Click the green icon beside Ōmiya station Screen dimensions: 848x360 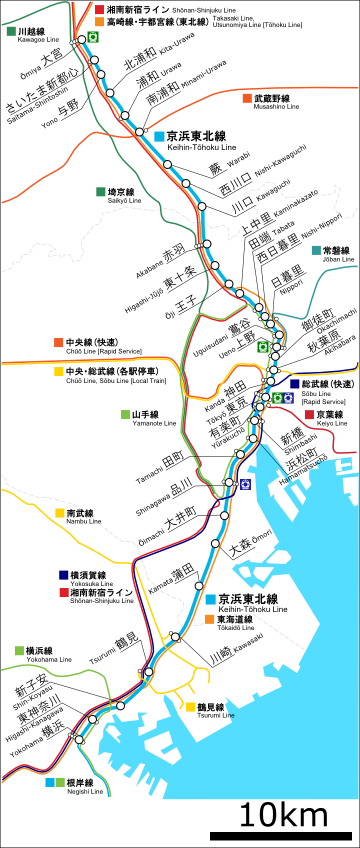pyautogui.click(x=93, y=37)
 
